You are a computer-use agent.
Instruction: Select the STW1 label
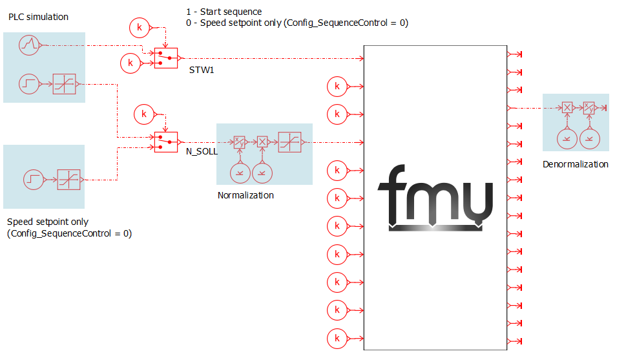click(x=202, y=70)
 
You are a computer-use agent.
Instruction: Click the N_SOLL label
click(x=202, y=151)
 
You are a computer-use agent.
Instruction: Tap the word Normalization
click(x=245, y=195)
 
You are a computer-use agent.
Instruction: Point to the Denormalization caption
click(x=576, y=164)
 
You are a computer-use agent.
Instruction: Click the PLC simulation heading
click(x=38, y=17)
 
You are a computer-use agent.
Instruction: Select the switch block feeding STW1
click(x=166, y=58)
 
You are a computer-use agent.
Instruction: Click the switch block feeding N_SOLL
click(x=166, y=142)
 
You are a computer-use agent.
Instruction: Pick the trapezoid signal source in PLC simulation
click(x=29, y=45)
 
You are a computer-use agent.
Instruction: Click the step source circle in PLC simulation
click(x=29, y=84)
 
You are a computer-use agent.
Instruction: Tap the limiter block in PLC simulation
click(x=64, y=84)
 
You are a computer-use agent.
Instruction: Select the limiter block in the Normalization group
click(x=290, y=142)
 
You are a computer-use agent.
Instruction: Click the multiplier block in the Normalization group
click(x=262, y=142)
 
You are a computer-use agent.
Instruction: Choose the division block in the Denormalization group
click(x=589, y=107)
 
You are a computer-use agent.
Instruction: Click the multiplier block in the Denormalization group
click(x=567, y=107)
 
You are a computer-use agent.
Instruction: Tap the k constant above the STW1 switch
click(x=140, y=28)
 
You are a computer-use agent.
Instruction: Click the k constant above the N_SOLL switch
click(x=144, y=114)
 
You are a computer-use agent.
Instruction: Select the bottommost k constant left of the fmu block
click(x=337, y=339)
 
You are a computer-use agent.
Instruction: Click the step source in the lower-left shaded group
click(x=34, y=180)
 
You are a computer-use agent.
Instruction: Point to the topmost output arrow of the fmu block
click(x=515, y=54)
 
